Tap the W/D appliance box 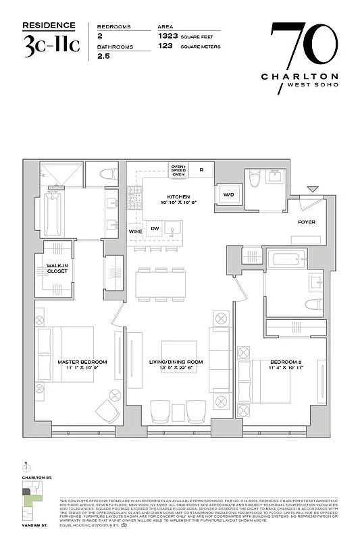point(228,194)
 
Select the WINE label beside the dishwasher point(134,232)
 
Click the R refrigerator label point(201,169)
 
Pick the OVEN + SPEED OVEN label point(178,170)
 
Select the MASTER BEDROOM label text point(82,362)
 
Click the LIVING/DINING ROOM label point(176,362)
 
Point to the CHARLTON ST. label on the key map point(37,477)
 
